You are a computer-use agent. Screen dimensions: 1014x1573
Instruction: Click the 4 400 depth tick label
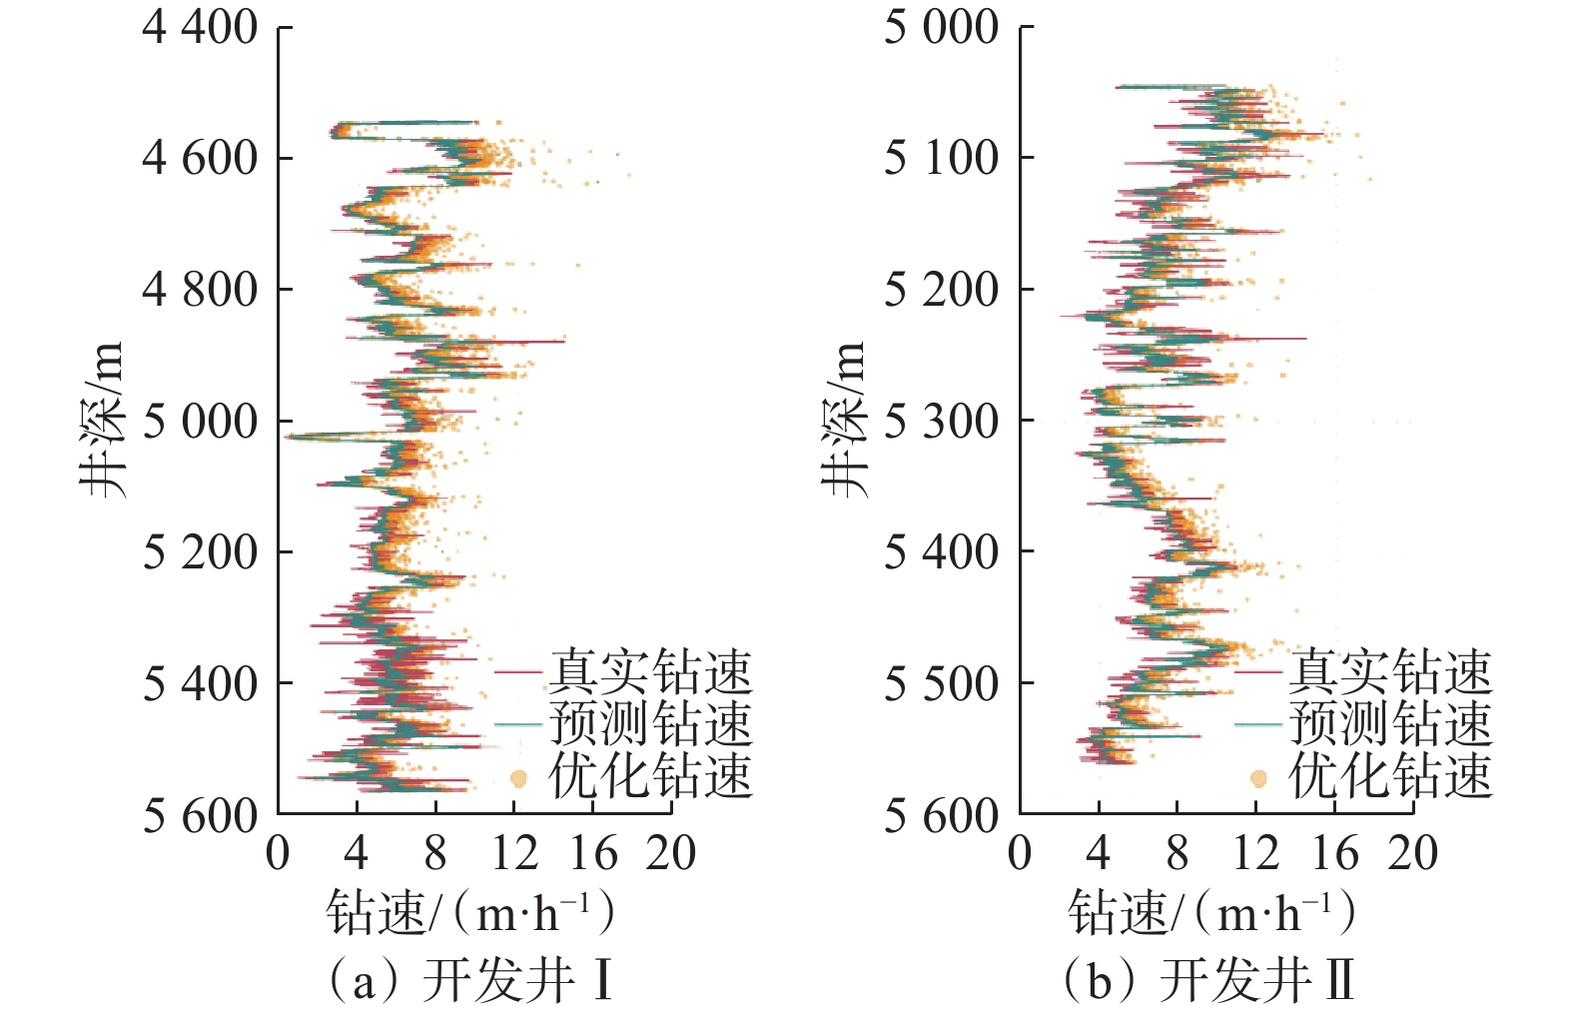click(x=200, y=27)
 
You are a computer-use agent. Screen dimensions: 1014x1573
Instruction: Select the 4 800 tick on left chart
click(x=200, y=290)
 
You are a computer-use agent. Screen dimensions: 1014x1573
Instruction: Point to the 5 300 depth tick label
click(x=941, y=422)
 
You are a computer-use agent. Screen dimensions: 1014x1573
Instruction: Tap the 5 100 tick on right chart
click(x=941, y=158)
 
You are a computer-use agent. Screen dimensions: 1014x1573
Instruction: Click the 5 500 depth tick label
click(x=941, y=684)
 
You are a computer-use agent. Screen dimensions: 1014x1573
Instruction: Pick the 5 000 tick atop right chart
click(x=941, y=27)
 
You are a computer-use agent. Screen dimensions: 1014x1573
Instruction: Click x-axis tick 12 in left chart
click(x=513, y=854)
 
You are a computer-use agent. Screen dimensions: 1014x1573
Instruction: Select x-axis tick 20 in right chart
click(x=1412, y=854)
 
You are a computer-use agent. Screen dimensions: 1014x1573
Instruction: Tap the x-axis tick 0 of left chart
click(x=279, y=854)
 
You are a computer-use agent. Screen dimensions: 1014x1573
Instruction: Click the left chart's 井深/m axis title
click(x=103, y=420)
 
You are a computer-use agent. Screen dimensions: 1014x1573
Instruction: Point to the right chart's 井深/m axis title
click(x=844, y=420)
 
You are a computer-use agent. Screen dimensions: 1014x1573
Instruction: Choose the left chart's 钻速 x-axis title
click(x=469, y=912)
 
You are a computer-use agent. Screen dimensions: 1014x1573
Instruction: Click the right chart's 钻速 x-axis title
click(x=1211, y=912)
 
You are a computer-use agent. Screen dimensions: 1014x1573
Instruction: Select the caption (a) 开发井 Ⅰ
click(x=469, y=980)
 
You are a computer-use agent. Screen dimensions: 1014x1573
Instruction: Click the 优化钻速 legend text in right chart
click(x=1390, y=776)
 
